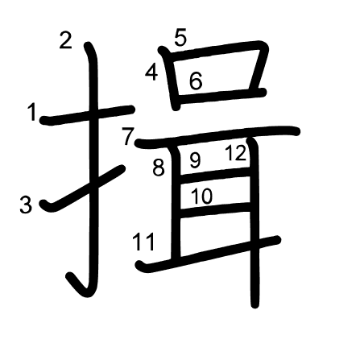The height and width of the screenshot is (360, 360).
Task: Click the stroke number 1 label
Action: pyautogui.click(x=32, y=113)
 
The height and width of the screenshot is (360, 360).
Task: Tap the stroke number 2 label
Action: pyautogui.click(x=66, y=40)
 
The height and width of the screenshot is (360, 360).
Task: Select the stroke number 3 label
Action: pyautogui.click(x=26, y=205)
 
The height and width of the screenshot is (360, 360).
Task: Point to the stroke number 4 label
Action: pyautogui.click(x=151, y=72)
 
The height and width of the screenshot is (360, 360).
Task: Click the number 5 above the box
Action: pyautogui.click(x=180, y=38)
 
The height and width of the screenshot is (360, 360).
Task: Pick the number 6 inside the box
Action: pyautogui.click(x=196, y=81)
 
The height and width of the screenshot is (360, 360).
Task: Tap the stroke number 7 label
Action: pyautogui.click(x=128, y=136)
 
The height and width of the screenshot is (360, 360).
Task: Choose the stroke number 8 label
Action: pyautogui.click(x=159, y=168)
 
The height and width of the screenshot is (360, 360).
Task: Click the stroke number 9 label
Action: pyautogui.click(x=195, y=160)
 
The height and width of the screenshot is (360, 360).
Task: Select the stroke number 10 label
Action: pyautogui.click(x=202, y=196)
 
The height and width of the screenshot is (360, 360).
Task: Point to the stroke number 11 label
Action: pyautogui.click(x=144, y=242)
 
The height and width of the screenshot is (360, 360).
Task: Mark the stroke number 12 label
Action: pyautogui.click(x=235, y=153)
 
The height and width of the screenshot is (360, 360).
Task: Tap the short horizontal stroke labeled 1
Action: pyautogui.click(x=87, y=114)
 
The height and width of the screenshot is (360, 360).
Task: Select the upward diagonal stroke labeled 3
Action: pyautogui.click(x=82, y=188)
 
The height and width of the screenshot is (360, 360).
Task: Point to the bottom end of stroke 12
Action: pyautogui.click(x=255, y=305)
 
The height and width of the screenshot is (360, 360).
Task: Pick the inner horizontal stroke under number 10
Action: pyautogui.click(x=215, y=209)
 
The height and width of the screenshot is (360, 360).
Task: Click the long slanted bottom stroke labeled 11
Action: pyautogui.click(x=208, y=254)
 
